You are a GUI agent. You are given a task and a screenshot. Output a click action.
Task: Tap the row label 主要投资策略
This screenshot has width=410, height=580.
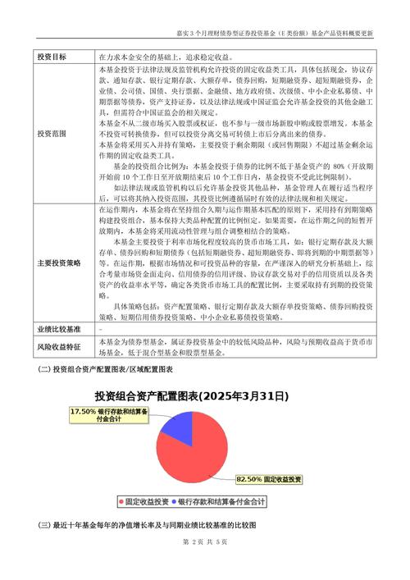pos(59,263)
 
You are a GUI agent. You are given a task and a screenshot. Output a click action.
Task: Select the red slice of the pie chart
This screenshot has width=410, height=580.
pos(197,451)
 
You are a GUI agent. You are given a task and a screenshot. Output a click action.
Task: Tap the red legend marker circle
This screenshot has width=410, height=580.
pos(120,500)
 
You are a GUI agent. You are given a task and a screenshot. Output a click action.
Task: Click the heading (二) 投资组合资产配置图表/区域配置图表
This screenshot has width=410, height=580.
pos(107,369)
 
